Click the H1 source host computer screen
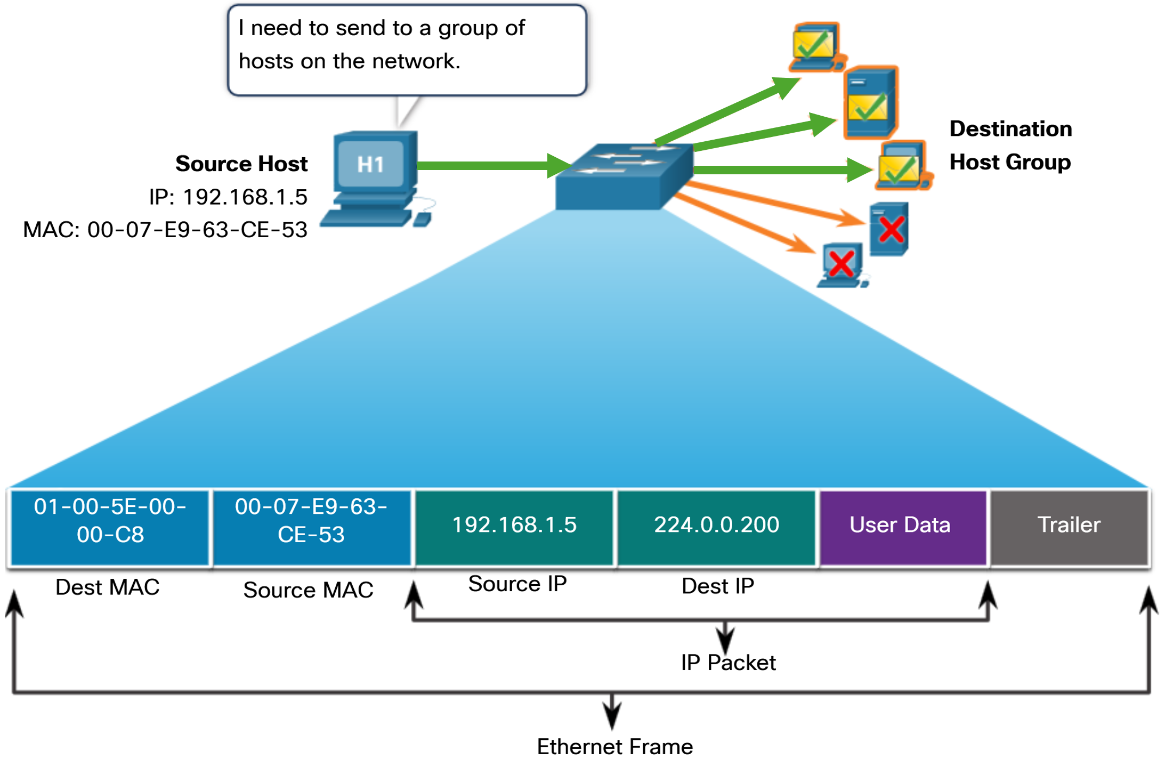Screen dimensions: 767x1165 pos(371,164)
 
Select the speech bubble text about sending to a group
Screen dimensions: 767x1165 pos(381,45)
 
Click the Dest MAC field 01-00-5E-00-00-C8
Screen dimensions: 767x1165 pos(110,527)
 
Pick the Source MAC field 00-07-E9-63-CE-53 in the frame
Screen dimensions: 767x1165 pos(311,527)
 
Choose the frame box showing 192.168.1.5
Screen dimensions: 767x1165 pos(514,526)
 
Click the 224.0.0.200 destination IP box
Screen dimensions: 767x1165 pos(716,526)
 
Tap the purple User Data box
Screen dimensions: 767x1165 pos(901,526)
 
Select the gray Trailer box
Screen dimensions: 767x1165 pos(1069,526)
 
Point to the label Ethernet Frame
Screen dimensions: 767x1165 pos(614,747)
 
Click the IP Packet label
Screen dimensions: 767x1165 pos(728,663)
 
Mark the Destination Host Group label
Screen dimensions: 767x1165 pos(1010,146)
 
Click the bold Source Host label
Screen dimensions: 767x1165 pos(241,164)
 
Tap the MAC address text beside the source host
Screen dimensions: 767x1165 pos(165,230)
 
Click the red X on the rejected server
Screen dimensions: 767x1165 pos(891,230)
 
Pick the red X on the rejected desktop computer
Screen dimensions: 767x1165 pos(842,264)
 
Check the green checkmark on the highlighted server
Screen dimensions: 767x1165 pos(869,107)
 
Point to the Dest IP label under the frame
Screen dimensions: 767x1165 pos(718,586)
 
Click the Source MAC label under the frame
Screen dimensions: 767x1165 pos(308,590)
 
